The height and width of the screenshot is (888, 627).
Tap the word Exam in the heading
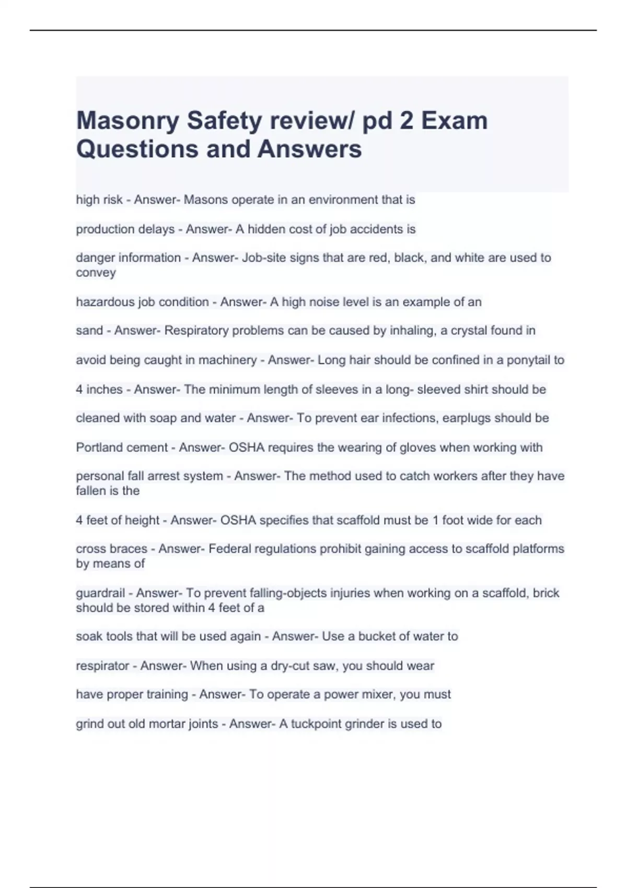[x=454, y=121]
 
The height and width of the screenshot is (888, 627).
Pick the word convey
[x=96, y=273]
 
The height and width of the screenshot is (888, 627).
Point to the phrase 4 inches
[x=99, y=389]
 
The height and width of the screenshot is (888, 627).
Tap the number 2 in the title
[x=404, y=121]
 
